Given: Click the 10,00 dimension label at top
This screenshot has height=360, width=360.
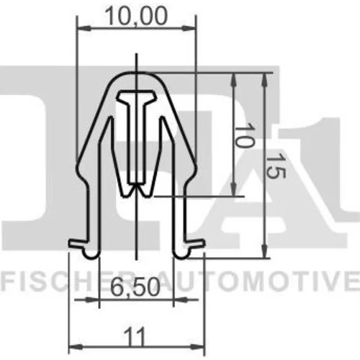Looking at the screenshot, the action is [x=136, y=16].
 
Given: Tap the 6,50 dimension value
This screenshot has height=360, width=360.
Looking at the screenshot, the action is [x=136, y=287].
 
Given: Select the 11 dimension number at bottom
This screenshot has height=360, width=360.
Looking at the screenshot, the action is [x=135, y=337].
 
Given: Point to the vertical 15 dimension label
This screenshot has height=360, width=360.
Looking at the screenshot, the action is [x=276, y=166].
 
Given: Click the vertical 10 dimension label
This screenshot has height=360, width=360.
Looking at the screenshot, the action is [x=244, y=135].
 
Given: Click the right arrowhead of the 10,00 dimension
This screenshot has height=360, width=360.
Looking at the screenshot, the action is [x=189, y=29].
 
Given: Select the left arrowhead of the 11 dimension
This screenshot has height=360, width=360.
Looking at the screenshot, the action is [x=76, y=347].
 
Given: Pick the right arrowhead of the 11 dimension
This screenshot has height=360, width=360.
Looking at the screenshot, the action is [x=198, y=347].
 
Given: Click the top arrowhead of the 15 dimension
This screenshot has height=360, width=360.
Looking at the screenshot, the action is [x=264, y=80].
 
